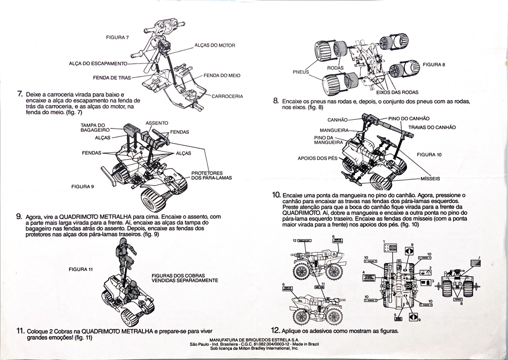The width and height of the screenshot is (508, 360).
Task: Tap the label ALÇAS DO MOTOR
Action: pos(214,45)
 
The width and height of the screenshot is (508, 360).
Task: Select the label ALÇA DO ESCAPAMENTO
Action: pos(97,63)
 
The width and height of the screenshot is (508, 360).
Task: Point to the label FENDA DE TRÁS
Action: pos(112,78)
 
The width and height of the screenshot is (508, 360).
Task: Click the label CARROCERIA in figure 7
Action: pos(227,96)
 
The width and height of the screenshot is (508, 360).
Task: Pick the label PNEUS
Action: pos(301,72)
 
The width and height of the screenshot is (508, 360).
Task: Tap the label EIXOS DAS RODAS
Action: pos(397,92)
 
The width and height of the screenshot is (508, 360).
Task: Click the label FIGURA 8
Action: pos(434,64)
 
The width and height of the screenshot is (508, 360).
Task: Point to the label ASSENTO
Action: pos(157,123)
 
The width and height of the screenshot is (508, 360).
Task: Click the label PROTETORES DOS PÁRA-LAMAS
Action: pos(208,175)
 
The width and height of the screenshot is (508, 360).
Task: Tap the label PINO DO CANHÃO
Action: pos(409,118)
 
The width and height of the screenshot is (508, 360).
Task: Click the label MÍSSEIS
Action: pos(429,179)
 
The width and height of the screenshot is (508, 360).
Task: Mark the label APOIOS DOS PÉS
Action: pos(317,158)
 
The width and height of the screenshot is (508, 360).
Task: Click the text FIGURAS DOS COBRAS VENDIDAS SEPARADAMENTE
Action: pos(184,278)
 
